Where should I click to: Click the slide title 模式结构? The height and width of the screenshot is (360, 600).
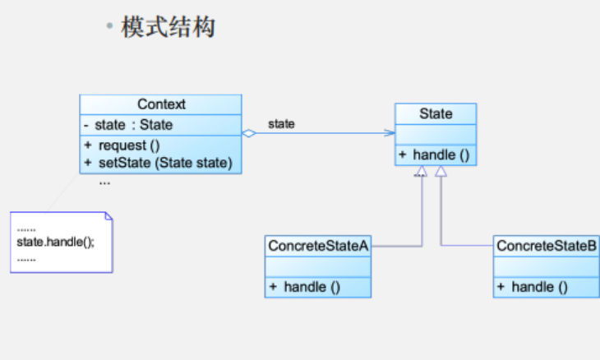(x=168, y=27)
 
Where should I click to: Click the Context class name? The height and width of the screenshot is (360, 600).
(x=161, y=104)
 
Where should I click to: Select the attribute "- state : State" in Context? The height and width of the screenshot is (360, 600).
(x=128, y=126)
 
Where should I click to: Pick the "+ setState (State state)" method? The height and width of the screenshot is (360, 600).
(x=159, y=163)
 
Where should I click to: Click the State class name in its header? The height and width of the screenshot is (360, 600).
(x=436, y=113)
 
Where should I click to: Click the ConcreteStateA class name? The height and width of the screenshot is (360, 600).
(x=317, y=245)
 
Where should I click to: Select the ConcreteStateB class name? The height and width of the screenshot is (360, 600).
(x=547, y=245)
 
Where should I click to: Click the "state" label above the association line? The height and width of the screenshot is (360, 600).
(x=281, y=124)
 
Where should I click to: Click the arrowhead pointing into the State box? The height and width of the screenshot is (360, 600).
(x=389, y=133)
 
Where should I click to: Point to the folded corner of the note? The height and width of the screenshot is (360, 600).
(x=108, y=216)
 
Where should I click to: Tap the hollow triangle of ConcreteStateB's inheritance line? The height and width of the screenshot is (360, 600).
(x=441, y=172)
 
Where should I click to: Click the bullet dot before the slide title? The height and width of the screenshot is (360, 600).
(x=108, y=27)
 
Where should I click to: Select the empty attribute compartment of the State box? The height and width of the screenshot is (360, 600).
(x=436, y=134)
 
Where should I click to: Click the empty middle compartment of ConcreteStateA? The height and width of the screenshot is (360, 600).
(x=317, y=265)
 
